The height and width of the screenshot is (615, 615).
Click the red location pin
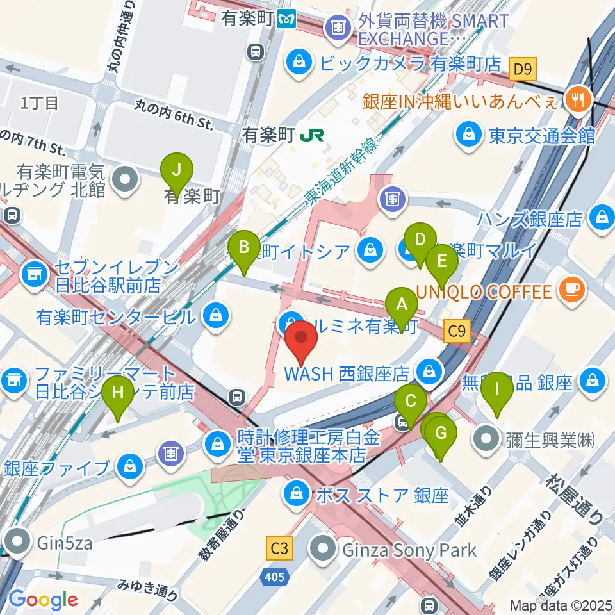click(x=300, y=340)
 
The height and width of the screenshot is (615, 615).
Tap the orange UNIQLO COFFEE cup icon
click(x=571, y=291)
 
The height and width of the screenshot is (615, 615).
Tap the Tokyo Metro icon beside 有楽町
click(x=288, y=20)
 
